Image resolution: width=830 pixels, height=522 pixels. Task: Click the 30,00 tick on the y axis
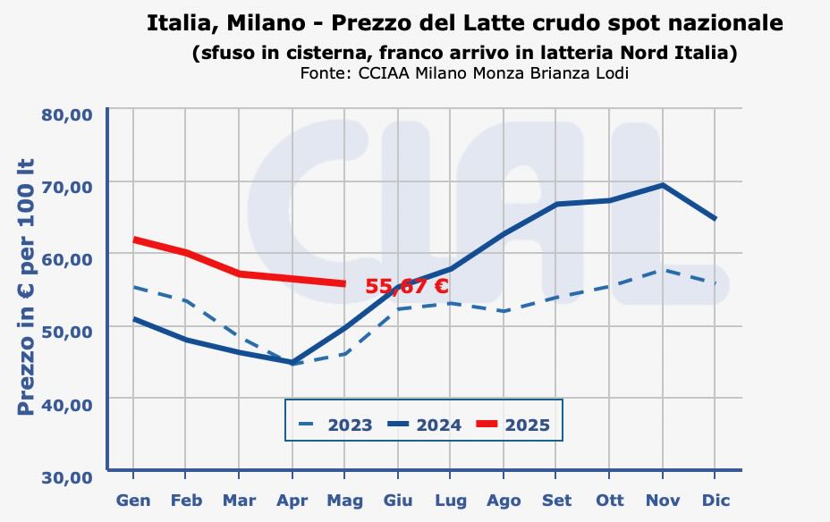67,476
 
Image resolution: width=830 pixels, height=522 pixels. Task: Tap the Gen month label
133,501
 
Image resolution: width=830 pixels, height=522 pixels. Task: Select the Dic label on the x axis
715,501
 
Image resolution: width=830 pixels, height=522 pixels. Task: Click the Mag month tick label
344,501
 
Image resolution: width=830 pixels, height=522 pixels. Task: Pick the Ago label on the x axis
504,501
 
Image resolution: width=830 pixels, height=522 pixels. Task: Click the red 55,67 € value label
407,286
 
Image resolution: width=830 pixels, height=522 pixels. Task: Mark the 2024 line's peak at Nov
662,185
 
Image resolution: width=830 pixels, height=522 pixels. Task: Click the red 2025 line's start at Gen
134,240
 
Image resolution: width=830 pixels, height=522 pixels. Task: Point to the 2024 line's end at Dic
715,218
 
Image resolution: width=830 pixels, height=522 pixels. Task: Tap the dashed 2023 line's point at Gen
134,287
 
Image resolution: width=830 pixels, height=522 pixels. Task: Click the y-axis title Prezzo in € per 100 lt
26,286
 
